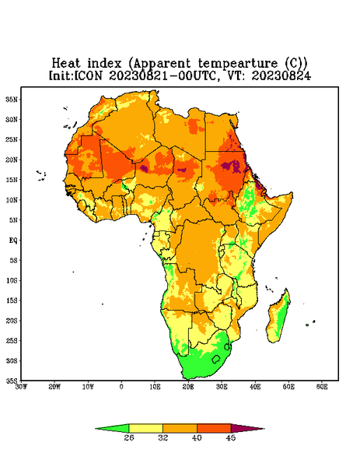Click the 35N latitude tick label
point(12,99)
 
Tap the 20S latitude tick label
point(12,321)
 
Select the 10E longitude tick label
point(155,387)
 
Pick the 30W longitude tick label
point(21,387)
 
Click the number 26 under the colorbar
point(129,437)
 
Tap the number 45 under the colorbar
point(231,437)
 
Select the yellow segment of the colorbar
point(145,428)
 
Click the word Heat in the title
point(66,63)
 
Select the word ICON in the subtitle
point(88,75)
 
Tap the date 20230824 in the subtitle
point(281,75)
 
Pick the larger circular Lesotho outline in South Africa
point(216,359)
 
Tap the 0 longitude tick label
point(121,387)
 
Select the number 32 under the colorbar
point(163,437)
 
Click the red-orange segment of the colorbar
point(214,428)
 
